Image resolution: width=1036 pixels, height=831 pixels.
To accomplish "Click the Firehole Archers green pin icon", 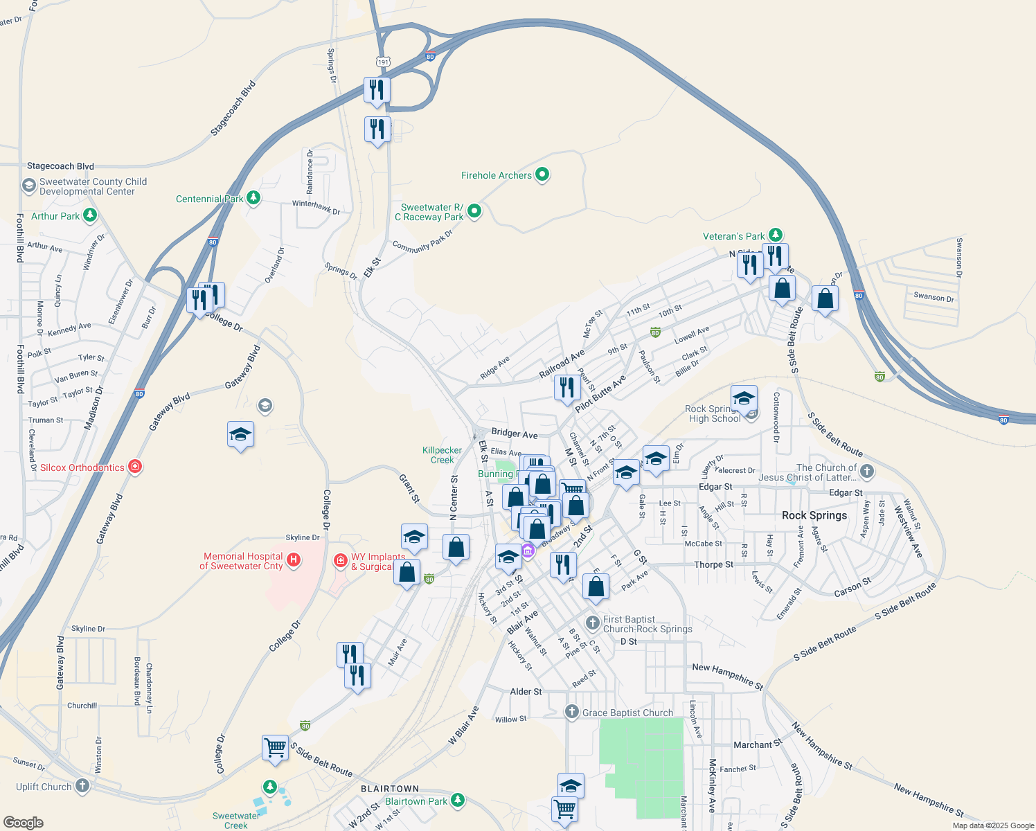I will tap(542, 175).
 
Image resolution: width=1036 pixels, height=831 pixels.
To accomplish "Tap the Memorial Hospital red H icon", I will tap(294, 560).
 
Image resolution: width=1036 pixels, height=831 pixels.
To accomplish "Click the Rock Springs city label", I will tap(814, 515).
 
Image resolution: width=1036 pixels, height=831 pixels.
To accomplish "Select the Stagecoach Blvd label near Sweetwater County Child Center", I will tap(60, 166).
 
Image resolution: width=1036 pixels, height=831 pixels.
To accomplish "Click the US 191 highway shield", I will tap(383, 62).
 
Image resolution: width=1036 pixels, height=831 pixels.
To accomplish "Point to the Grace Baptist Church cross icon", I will tap(571, 712).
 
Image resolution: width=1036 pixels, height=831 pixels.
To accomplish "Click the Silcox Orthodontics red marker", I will tap(135, 467).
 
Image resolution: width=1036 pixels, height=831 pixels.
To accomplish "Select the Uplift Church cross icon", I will tap(82, 786).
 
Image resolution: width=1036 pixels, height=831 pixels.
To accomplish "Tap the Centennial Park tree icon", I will tap(253, 199).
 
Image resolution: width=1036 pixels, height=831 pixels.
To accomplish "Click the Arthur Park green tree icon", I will tap(90, 216).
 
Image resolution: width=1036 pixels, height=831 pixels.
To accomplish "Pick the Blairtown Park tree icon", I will tap(457, 801).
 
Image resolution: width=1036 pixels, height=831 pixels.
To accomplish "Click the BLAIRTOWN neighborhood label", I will tap(390, 789).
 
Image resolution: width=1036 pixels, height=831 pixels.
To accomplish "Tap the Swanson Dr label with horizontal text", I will tap(934, 297).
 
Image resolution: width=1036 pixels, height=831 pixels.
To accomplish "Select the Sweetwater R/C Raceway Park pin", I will tap(474, 211).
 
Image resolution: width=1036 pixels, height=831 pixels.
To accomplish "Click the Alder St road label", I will tap(526, 691).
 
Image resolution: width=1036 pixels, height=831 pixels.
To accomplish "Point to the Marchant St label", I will tap(757, 744).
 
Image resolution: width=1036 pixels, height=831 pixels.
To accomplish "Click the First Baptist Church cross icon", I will tap(592, 623).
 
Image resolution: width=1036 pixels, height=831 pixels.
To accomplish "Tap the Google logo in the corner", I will tap(24, 822).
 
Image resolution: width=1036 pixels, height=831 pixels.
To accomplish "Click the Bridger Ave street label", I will tap(515, 434).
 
